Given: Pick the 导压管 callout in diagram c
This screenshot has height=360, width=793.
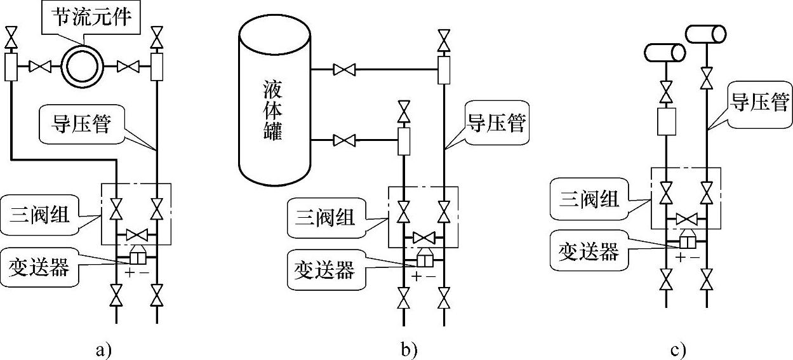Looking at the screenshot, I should click(x=759, y=102).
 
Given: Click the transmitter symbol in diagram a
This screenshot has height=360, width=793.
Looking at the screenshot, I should click(x=137, y=257).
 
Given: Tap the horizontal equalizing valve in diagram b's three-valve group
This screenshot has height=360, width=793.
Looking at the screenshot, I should click(x=423, y=237).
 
